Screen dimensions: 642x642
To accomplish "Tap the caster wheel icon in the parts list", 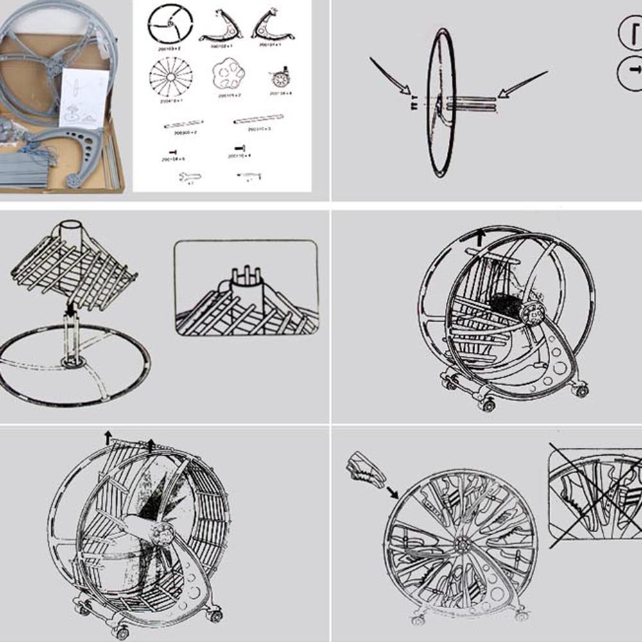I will point(280,78).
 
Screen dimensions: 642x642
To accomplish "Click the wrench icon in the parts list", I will point(190,177).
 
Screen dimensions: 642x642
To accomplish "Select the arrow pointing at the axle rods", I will point(522,84).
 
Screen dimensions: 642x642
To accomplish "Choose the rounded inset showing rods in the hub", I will point(247,288).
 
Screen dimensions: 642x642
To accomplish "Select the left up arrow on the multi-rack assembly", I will point(108,439).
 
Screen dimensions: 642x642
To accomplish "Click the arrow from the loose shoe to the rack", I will point(391,491).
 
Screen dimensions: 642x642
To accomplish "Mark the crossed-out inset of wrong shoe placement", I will point(594,494).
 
